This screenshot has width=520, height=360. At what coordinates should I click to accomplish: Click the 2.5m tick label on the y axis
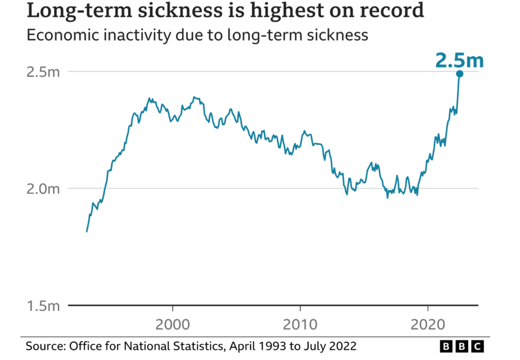pos(43,72)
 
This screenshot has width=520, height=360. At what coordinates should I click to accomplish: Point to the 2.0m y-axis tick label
pos(43,189)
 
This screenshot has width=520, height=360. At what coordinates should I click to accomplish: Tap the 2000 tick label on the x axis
pos(173,324)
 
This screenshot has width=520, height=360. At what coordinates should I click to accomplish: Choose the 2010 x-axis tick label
pos(300,324)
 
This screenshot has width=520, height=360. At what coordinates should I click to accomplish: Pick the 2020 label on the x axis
pos(428,324)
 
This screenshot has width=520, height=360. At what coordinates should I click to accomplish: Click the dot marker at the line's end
pos(460,74)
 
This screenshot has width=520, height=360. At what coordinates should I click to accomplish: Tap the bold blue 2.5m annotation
pos(459,61)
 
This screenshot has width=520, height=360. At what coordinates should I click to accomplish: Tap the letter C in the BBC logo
pos(477,347)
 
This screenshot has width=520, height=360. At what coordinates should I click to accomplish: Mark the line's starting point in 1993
pos(86,231)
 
